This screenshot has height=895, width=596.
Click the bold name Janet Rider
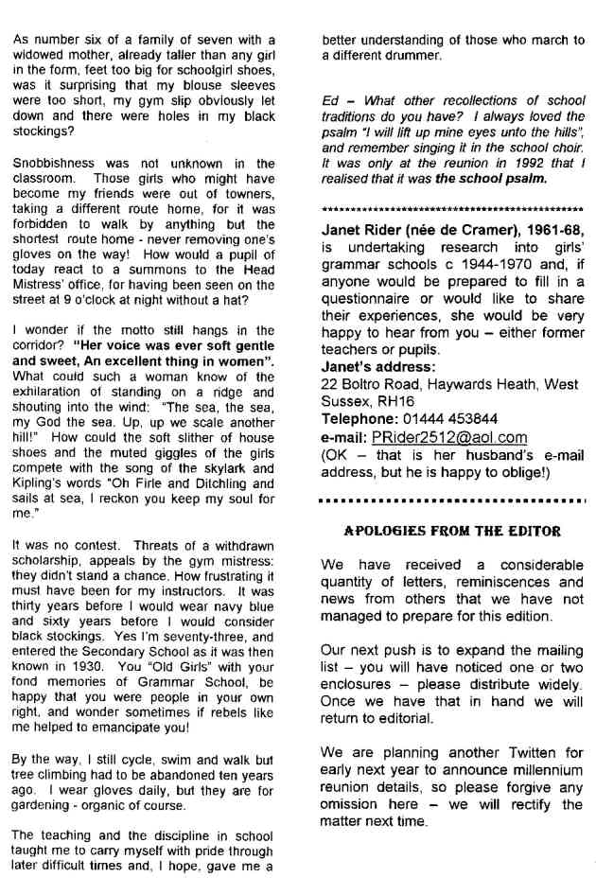[365, 229]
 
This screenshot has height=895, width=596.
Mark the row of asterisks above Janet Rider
[452, 208]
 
